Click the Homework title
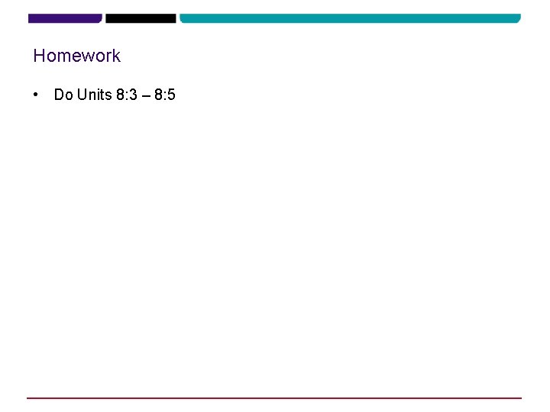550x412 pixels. click(76, 56)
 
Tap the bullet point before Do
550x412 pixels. click(36, 95)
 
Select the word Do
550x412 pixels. click(63, 95)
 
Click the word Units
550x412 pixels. click(94, 95)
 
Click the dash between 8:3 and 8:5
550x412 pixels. click(145, 95)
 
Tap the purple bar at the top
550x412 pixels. click(65, 18)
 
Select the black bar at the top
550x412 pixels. click(141, 18)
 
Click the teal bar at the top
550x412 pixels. click(350, 18)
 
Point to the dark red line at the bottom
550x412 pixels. click(274, 398)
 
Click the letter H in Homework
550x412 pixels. click(39, 56)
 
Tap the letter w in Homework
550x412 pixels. click(89, 56)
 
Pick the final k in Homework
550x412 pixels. click(116, 56)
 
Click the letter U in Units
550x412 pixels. click(82, 95)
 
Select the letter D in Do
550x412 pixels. click(59, 95)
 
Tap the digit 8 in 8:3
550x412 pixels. click(120, 95)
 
